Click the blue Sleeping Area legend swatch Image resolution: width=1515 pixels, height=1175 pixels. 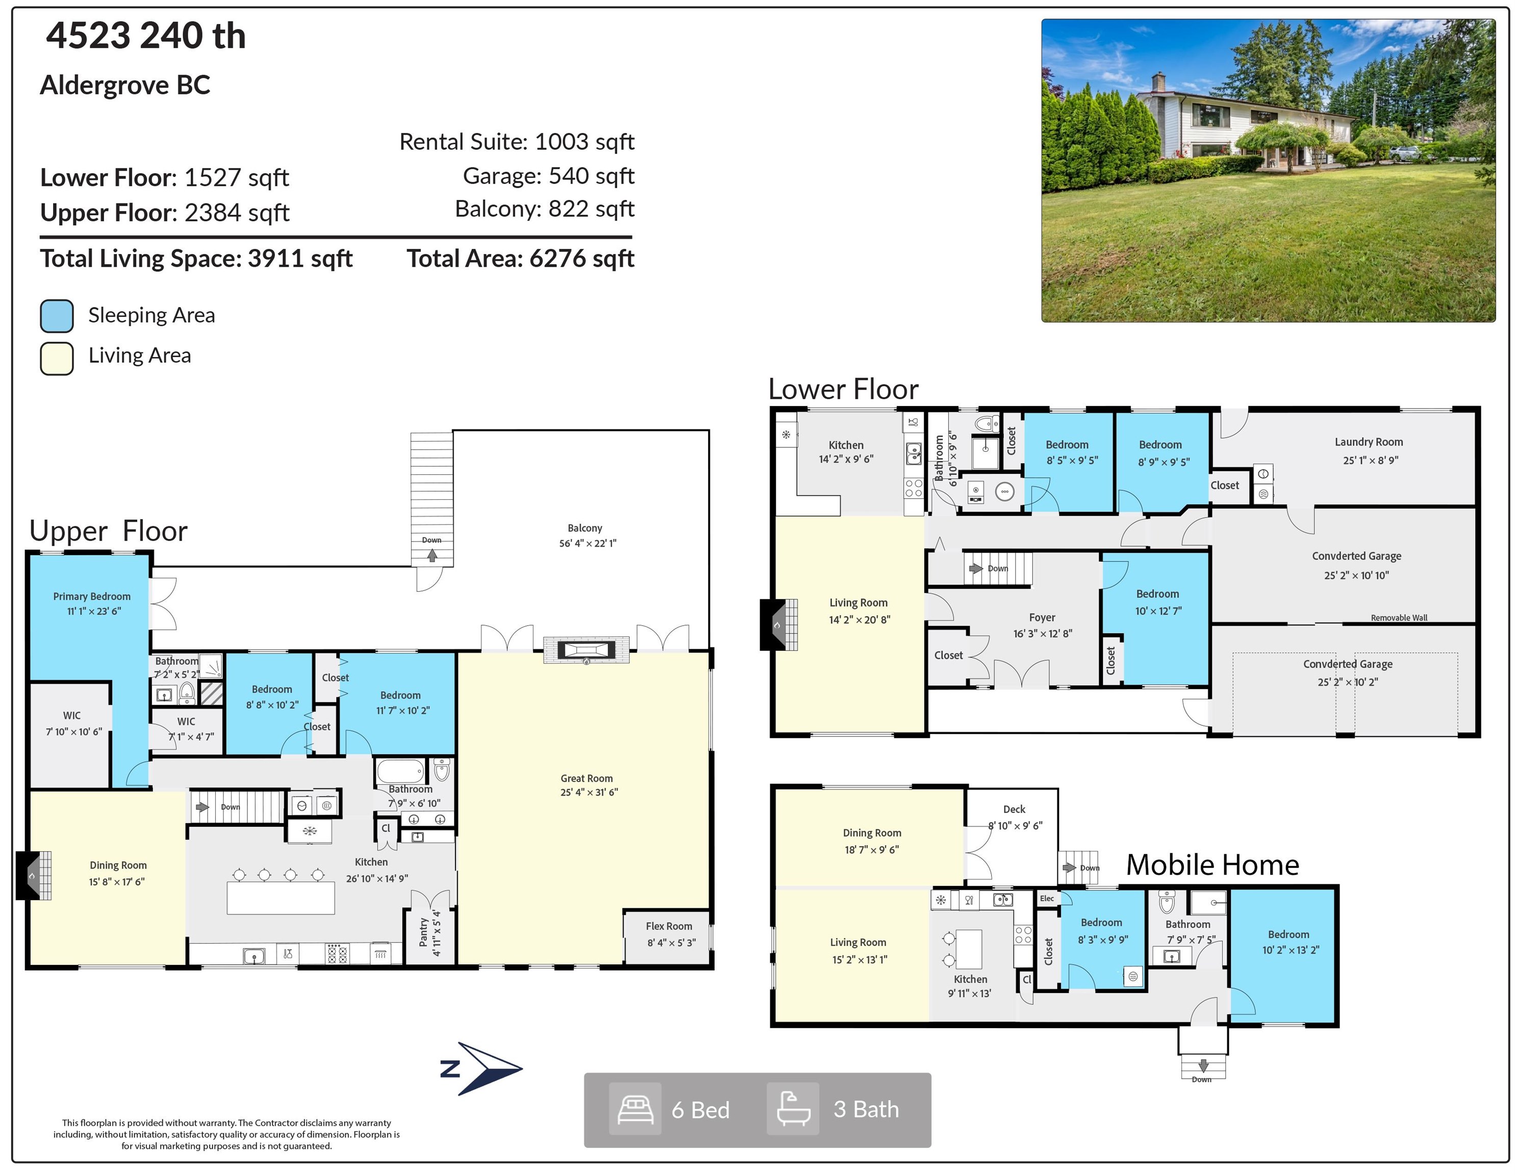tap(57, 316)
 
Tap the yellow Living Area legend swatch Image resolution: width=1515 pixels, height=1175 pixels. tap(57, 359)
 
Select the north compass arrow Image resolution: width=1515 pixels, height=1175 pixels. tap(482, 1068)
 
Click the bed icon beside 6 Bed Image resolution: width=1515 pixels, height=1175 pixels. tap(635, 1109)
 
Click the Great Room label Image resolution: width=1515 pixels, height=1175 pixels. tap(587, 778)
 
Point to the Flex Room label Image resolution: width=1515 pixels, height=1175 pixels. tap(669, 926)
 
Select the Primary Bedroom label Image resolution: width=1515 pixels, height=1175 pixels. tap(92, 597)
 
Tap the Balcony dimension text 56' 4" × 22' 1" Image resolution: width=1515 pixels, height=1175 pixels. tap(588, 543)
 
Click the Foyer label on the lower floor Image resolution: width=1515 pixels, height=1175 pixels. tap(1042, 617)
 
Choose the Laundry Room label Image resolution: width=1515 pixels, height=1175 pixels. tap(1369, 442)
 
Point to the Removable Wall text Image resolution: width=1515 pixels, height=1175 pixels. tap(1399, 617)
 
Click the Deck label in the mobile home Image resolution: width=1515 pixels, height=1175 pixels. tap(1014, 809)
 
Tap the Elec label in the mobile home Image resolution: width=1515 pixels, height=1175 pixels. tap(1047, 898)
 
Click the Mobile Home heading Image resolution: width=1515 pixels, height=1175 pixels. tap(1213, 865)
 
